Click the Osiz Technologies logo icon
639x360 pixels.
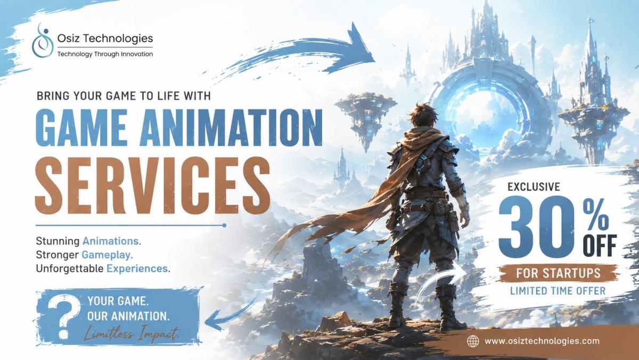[43, 41]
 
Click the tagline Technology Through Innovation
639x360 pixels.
[105, 54]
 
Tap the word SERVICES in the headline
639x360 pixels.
[152, 185]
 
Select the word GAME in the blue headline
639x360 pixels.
[81, 127]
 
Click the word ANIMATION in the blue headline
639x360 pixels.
[231, 127]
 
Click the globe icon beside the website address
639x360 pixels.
[473, 341]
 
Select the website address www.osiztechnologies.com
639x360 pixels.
[542, 341]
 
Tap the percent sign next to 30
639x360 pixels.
[595, 215]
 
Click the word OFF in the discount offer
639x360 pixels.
[600, 246]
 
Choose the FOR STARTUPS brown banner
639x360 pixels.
[558, 273]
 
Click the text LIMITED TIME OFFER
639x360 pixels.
[558, 291]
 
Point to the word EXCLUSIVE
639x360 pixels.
[534, 187]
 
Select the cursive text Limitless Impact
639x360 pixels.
[132, 334]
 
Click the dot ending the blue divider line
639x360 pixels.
[224, 225]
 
